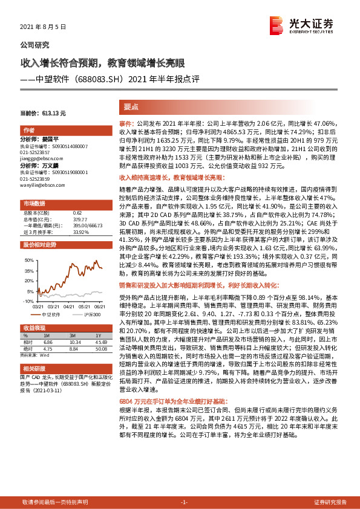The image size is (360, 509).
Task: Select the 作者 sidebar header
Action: [29, 131]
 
